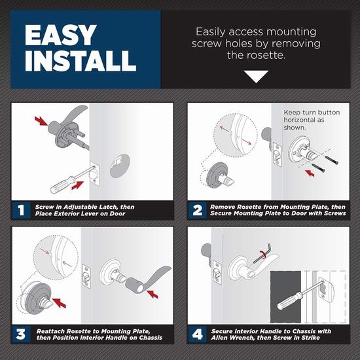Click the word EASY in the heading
[60, 35]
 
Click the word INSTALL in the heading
[81, 61]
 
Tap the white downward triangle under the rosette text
[256, 77]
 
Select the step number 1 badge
[21, 210]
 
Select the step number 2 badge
[197, 210]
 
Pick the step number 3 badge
[21, 334]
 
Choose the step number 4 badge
[197, 334]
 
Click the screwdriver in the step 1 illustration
[72, 180]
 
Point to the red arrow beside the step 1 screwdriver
[78, 185]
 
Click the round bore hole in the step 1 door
[120, 166]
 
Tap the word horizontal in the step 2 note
[304, 120]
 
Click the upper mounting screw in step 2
[331, 160]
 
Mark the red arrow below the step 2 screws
[310, 173]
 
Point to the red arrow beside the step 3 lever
[153, 295]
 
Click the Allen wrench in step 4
[262, 254]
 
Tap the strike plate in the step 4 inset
[326, 289]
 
